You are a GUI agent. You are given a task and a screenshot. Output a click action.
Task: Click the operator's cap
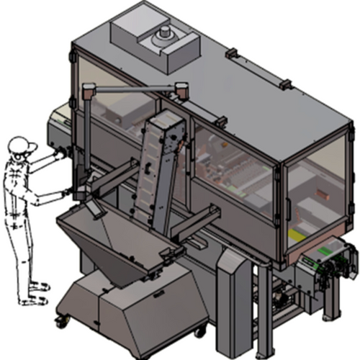[x=23, y=145]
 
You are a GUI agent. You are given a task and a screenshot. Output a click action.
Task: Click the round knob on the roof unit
[x=166, y=33]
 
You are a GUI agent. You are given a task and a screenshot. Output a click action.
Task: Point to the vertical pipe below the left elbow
[x=85, y=137]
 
